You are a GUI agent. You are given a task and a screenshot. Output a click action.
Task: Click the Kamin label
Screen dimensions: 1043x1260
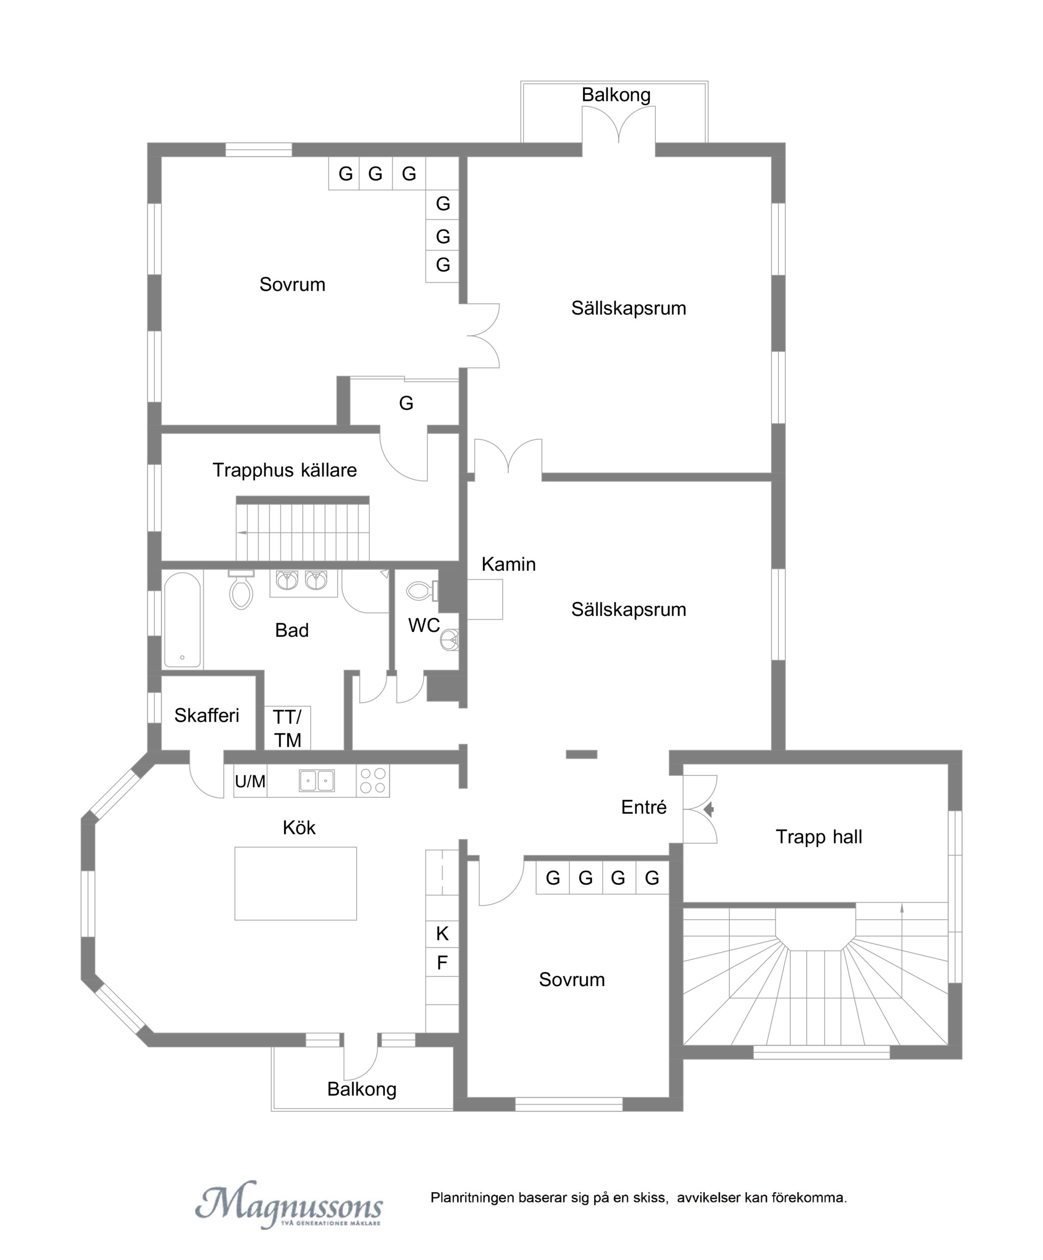[x=508, y=564]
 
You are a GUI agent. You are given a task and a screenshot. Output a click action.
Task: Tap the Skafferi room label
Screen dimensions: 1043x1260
[x=206, y=715]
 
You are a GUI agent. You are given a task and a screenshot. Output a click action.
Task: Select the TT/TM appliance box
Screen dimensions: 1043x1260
[x=287, y=728]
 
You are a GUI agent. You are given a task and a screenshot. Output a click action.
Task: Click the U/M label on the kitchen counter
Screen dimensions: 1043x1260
[x=250, y=781]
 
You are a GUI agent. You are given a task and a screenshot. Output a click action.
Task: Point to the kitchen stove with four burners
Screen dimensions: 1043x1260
[x=373, y=780]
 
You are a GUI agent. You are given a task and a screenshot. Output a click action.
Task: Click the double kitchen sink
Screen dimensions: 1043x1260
[x=317, y=780]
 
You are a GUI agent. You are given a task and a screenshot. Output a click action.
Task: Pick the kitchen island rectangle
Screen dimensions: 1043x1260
[x=295, y=883]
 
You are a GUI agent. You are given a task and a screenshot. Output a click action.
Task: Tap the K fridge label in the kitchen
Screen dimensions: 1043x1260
[x=442, y=933]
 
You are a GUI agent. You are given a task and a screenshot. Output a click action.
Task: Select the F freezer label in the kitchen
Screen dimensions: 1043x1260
[x=442, y=962]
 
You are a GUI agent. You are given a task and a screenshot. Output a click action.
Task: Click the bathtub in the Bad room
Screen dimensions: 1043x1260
[x=182, y=619]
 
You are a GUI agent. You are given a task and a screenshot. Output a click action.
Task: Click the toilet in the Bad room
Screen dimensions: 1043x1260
[x=241, y=590]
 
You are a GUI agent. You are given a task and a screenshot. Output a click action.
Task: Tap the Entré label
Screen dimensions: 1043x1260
[x=643, y=807]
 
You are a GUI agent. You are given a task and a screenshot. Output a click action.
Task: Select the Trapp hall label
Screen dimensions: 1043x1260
[x=818, y=836]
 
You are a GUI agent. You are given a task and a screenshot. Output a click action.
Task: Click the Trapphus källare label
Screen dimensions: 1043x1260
[x=285, y=470]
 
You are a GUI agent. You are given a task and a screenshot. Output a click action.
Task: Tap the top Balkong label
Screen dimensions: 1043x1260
[x=616, y=95]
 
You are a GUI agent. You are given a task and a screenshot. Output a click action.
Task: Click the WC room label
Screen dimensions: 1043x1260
[x=424, y=625]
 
